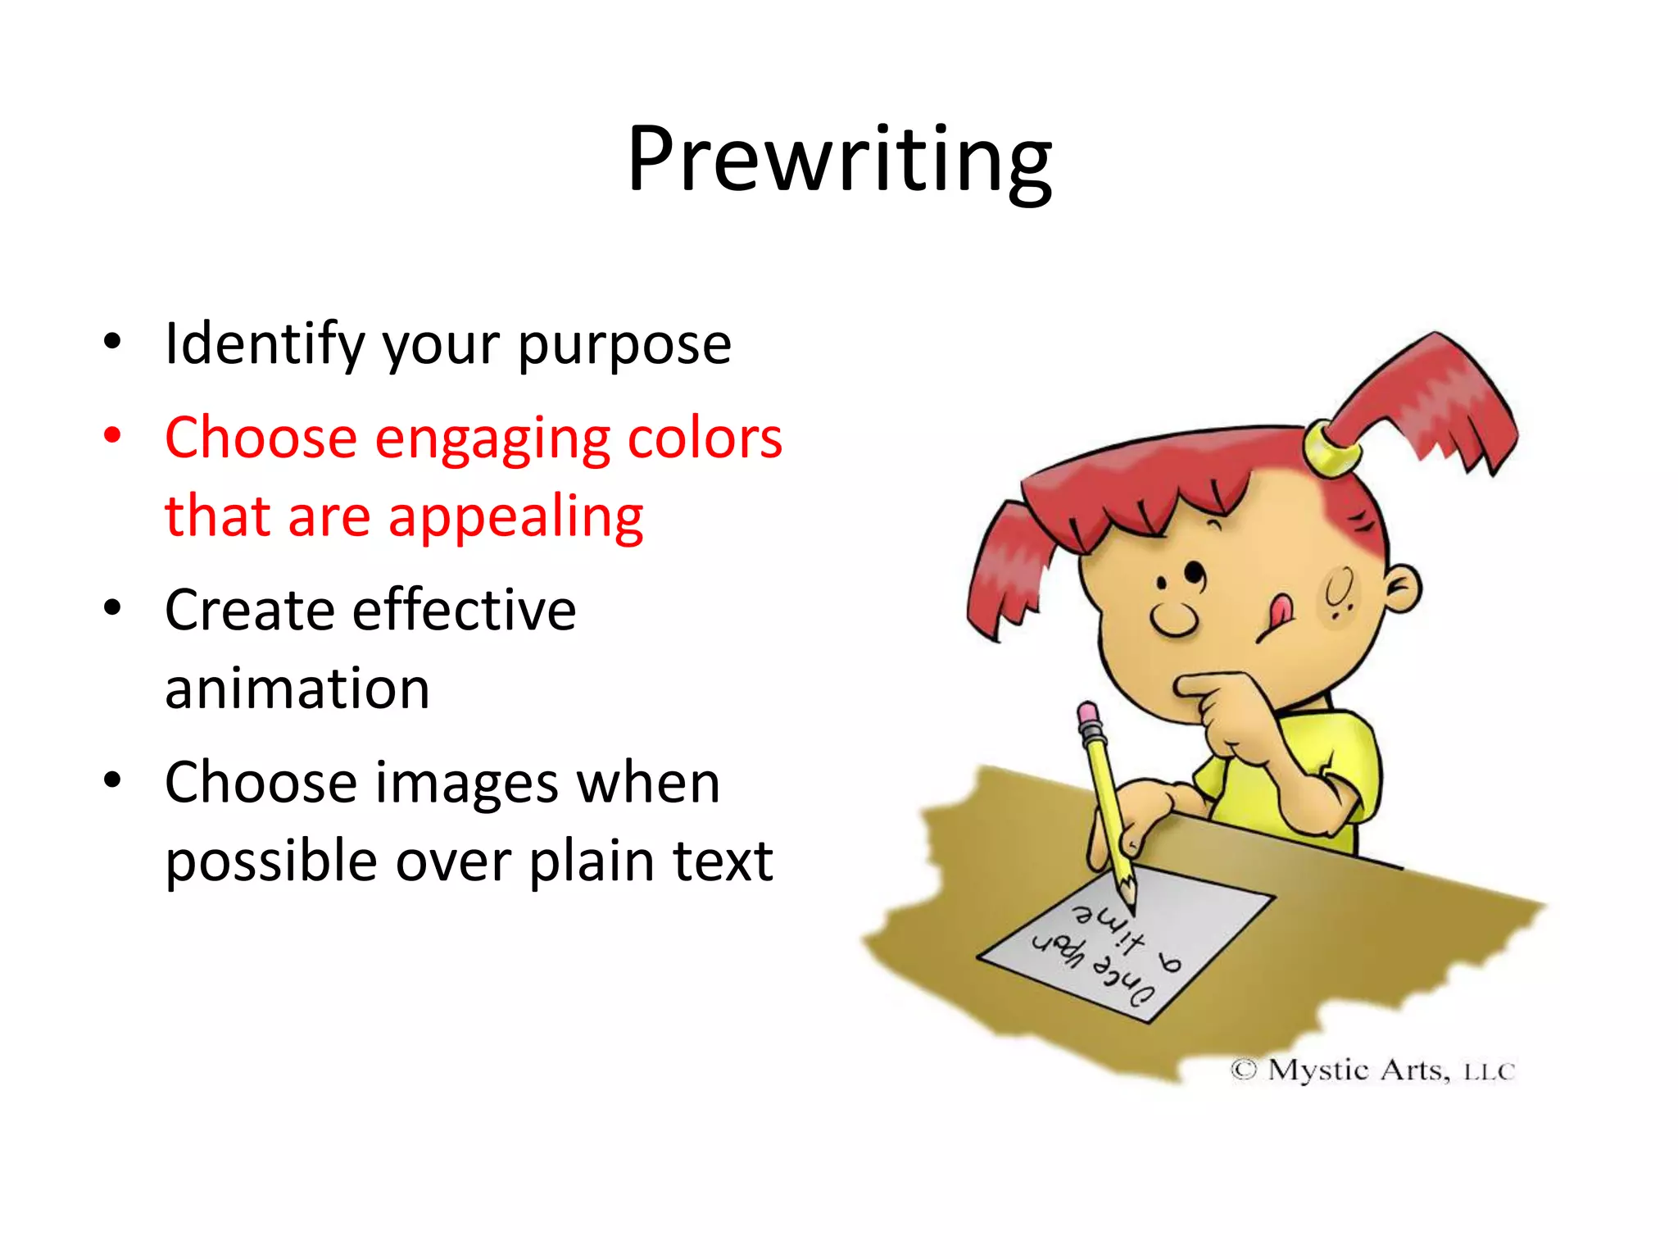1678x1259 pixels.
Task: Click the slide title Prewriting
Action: coord(839,160)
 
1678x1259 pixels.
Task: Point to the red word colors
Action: coord(705,438)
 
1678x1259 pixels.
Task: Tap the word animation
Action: coord(297,689)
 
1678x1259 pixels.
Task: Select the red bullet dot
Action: coord(112,434)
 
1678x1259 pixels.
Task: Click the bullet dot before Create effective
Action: coord(112,608)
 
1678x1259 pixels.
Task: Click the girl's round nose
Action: coord(1174,620)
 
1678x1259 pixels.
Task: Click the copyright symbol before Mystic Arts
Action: coord(1243,1070)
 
